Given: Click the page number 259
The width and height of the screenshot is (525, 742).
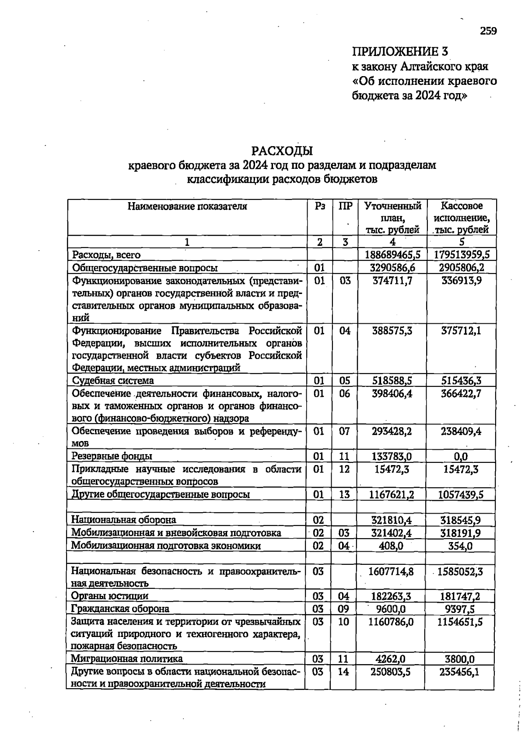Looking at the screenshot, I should click(488, 31).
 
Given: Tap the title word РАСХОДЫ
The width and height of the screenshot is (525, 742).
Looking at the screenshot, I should click(282, 151).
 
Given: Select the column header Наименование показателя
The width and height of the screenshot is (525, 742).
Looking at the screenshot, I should click(187, 206).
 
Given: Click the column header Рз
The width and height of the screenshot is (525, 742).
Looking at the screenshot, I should click(320, 206).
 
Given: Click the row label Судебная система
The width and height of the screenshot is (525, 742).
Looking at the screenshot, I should click(112, 380).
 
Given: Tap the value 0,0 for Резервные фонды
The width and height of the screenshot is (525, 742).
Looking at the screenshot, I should click(460, 457).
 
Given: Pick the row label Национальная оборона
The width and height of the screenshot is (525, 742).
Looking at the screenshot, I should click(123, 520).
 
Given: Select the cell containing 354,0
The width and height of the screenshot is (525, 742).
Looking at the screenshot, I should click(460, 546).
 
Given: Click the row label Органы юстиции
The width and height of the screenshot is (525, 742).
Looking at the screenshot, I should click(109, 596).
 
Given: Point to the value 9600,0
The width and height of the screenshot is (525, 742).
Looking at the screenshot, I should click(391, 609).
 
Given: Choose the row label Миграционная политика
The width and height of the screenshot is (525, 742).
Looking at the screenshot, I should click(127, 658).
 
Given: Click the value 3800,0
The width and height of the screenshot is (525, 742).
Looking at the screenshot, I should click(460, 658).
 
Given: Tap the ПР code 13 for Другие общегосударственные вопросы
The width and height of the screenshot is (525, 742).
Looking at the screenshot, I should click(344, 494).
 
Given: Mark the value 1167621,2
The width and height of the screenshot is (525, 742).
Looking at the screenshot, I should click(391, 494).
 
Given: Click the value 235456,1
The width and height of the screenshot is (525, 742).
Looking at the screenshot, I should click(459, 672).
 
